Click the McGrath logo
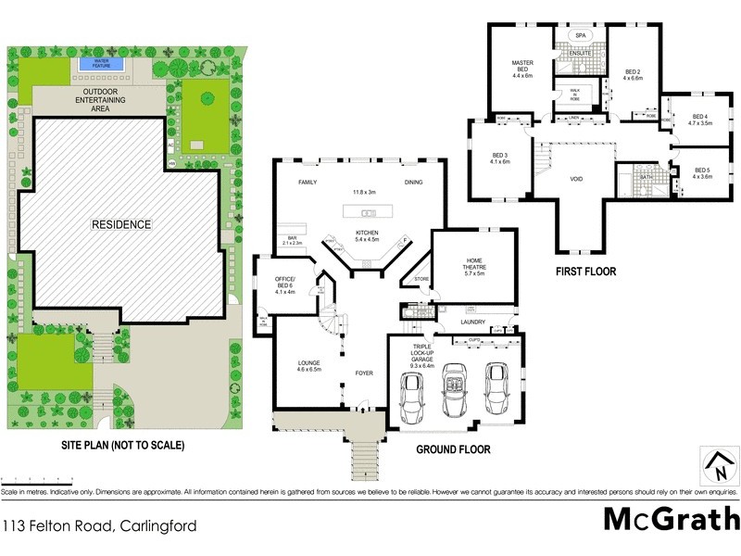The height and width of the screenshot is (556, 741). (671, 518)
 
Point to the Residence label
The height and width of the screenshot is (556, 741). (120, 224)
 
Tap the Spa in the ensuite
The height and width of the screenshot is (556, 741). (581, 36)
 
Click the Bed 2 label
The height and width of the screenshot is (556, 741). (633, 74)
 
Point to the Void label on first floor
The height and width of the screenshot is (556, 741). (576, 179)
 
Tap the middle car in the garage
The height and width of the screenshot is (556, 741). (454, 386)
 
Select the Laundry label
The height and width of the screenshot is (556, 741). (473, 322)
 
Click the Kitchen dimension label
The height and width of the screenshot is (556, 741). (368, 235)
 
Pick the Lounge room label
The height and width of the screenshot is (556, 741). (308, 365)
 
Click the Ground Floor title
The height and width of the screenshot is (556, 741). (453, 449)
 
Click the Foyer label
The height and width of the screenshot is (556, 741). (364, 373)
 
